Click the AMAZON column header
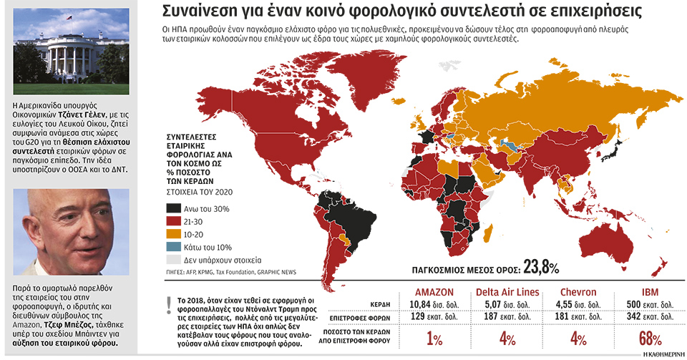tap(434, 291)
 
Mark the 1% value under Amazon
tap(434, 338)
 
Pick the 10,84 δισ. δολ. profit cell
tap(434, 303)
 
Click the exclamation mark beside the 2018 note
tap(169, 303)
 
